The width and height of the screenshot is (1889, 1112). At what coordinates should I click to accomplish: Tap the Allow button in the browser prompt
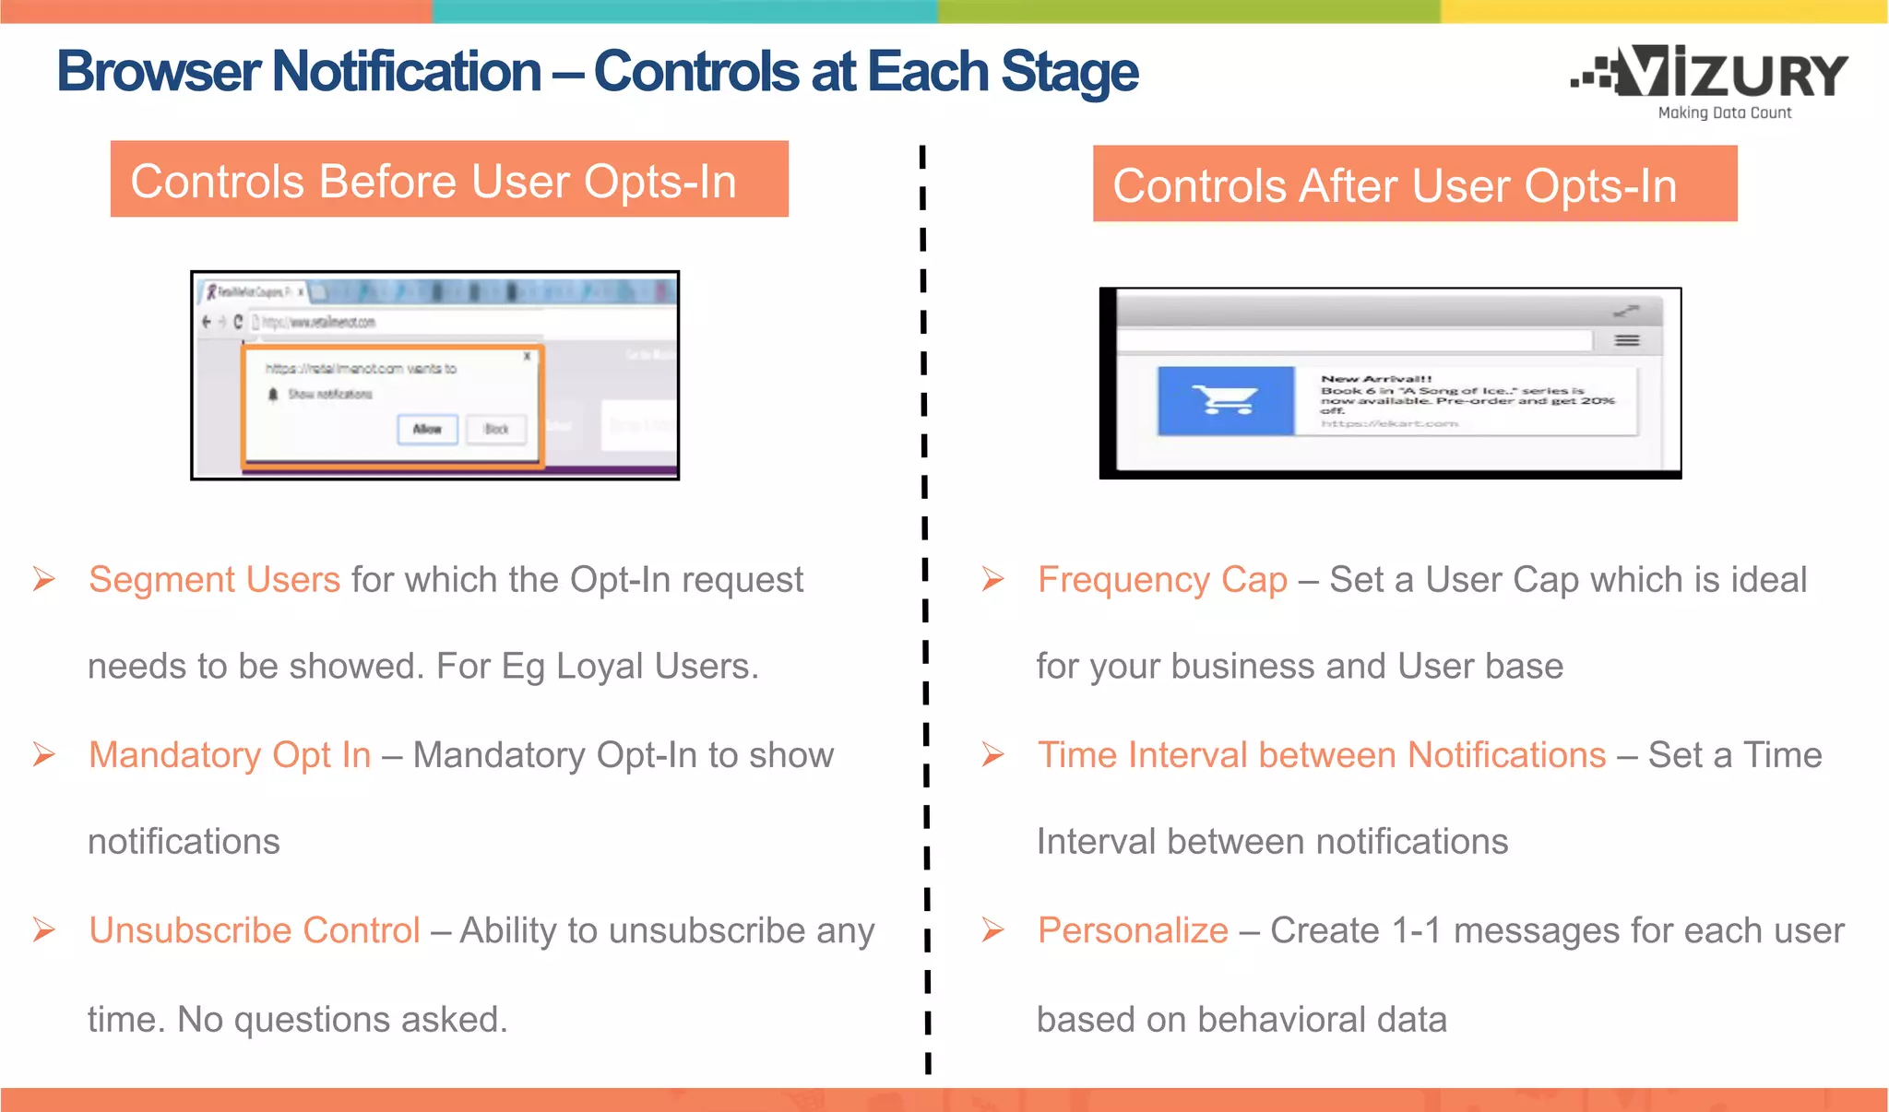click(427, 429)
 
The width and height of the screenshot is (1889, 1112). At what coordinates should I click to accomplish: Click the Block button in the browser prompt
click(496, 429)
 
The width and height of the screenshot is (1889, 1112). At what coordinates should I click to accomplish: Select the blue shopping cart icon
click(1225, 400)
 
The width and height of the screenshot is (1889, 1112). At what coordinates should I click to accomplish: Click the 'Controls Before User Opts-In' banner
click(449, 180)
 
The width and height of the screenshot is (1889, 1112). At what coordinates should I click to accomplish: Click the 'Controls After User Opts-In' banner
click(1414, 184)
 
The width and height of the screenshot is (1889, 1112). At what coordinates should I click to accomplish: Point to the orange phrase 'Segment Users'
click(214, 580)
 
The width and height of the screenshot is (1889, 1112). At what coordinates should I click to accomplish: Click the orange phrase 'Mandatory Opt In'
click(230, 755)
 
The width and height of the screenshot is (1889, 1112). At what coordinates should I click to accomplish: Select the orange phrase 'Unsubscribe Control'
click(255, 930)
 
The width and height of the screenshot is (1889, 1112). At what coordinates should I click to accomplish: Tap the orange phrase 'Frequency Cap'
click(1161, 580)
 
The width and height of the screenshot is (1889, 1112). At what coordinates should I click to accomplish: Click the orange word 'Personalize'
click(1132, 930)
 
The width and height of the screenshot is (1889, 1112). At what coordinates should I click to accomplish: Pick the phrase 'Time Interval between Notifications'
click(1321, 755)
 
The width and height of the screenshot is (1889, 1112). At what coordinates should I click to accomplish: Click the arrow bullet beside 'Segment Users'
click(44, 579)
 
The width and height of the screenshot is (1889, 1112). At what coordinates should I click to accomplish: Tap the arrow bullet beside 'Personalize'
click(992, 929)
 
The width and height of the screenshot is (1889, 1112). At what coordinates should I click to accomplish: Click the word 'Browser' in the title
click(158, 72)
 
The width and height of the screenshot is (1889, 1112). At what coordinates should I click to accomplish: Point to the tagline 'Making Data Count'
click(1724, 112)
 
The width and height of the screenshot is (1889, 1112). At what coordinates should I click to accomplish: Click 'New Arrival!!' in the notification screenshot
click(1375, 379)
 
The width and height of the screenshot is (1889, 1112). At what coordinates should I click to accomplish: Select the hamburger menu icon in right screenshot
click(1627, 341)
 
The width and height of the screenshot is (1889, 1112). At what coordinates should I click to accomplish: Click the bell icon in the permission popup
click(273, 395)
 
